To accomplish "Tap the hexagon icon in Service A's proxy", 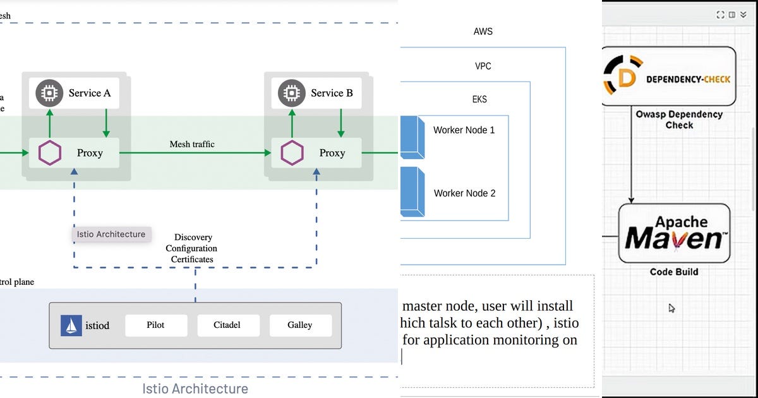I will coord(51,153).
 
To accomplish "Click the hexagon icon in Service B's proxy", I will coord(292,153).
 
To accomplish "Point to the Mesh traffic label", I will coord(192,144).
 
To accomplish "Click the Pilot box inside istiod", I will coord(155,325).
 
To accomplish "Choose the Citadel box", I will coord(227,325).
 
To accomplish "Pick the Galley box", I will coord(299,325).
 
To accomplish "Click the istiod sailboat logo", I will coord(71,325).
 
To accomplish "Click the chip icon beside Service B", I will coord(291,93).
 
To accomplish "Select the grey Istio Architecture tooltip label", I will coord(111,234).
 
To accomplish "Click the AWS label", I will coord(483,32).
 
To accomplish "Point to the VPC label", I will coord(483,66).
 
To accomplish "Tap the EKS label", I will coord(480,99).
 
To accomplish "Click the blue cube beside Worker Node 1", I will coord(412,136).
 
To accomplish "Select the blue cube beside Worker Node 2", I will coord(412,190).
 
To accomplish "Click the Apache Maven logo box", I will coord(674,233).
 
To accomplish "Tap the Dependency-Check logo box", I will coord(668,76).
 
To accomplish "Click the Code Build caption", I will coord(674,272).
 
